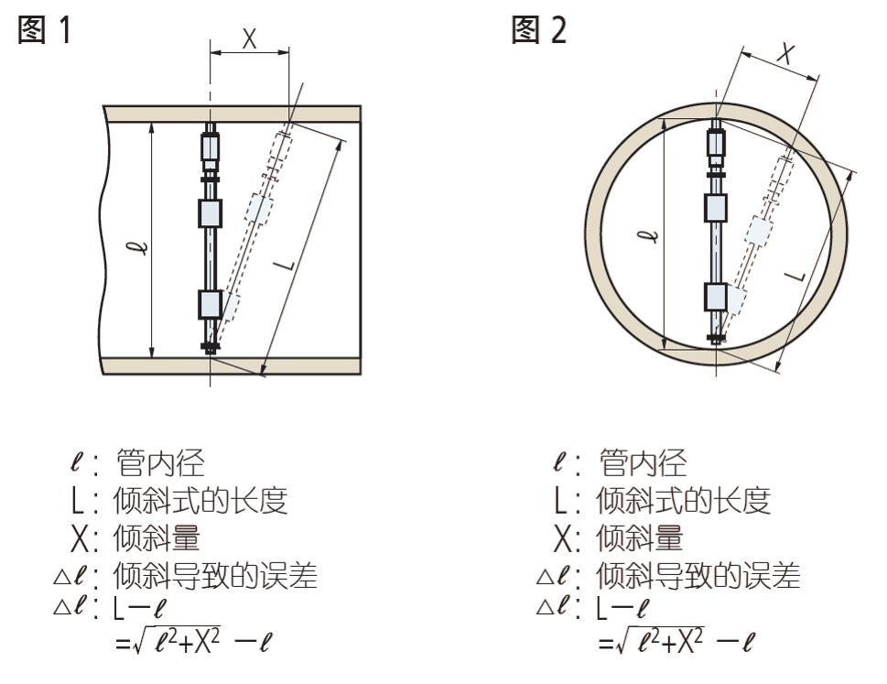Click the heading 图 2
click(539, 30)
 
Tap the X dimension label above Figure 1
click(250, 38)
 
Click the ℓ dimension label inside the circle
click(647, 237)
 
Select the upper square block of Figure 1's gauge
click(211, 212)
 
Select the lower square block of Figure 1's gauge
click(211, 303)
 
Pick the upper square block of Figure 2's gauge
click(716, 207)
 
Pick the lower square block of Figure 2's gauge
click(716, 296)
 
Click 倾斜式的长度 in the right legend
click(683, 501)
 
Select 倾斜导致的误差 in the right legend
click(698, 576)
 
